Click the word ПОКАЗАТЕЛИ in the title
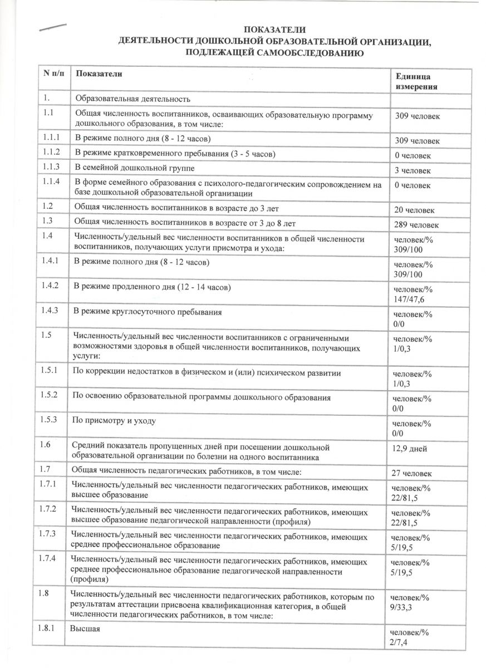point(276,30)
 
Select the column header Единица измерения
point(415,82)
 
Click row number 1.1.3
point(51,168)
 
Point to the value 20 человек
point(415,210)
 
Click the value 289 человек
point(416,224)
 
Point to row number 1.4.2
point(51,286)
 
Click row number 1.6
point(46,445)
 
